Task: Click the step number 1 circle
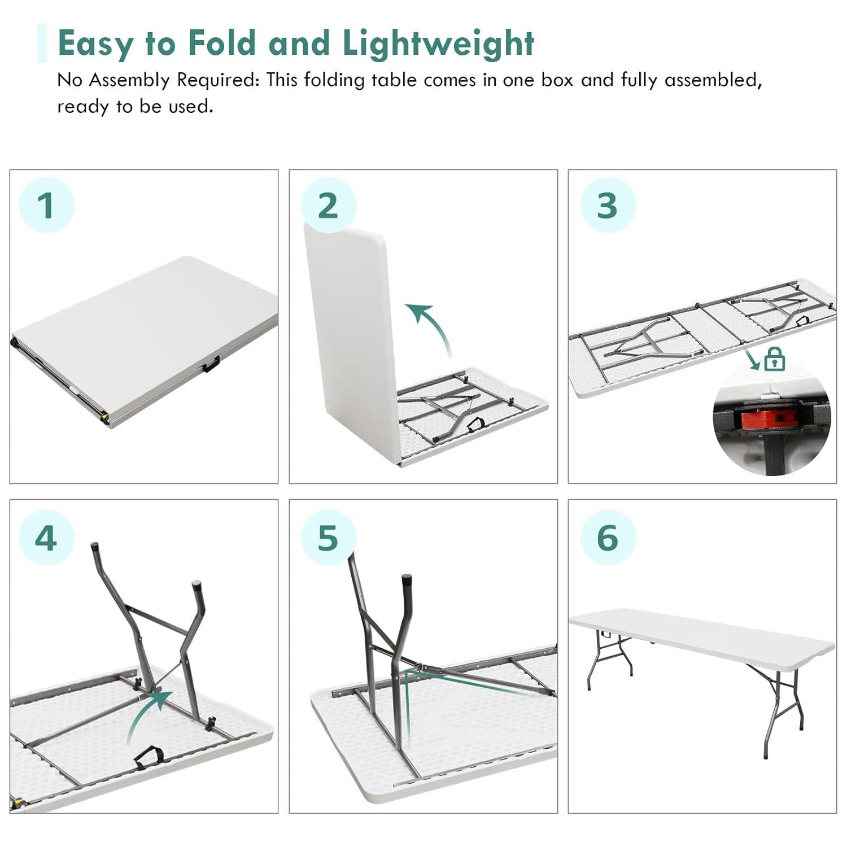(47, 205)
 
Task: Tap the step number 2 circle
(328, 205)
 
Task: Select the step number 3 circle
(608, 205)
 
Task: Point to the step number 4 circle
(47, 538)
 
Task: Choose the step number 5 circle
(328, 538)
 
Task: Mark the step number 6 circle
(608, 538)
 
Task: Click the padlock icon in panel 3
(774, 359)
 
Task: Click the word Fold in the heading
(222, 43)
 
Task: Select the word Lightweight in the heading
(438, 43)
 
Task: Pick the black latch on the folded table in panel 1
(211, 365)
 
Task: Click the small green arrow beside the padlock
(752, 360)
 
